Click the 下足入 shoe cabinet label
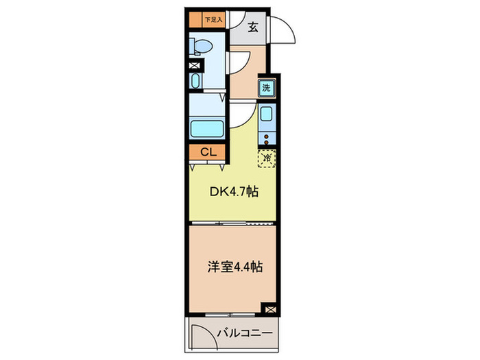[x=210, y=21]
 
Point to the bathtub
[x=207, y=129]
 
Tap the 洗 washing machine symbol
[x=267, y=87]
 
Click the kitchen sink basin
[x=267, y=115]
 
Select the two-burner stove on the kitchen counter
[x=267, y=139]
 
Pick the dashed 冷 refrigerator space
[x=267, y=158]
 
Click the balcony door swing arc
[x=202, y=333]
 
